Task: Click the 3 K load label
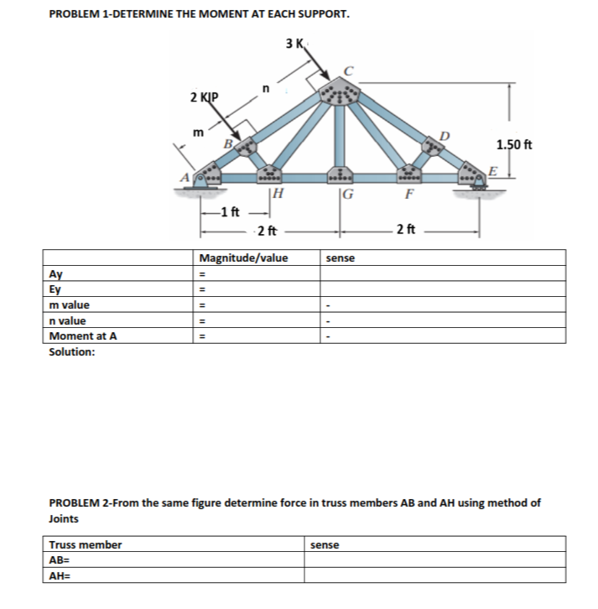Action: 296,43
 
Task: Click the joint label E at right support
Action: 493,170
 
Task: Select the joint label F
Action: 408,198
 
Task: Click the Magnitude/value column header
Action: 243,258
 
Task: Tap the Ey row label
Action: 58,289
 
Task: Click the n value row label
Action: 69,320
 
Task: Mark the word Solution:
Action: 72,352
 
